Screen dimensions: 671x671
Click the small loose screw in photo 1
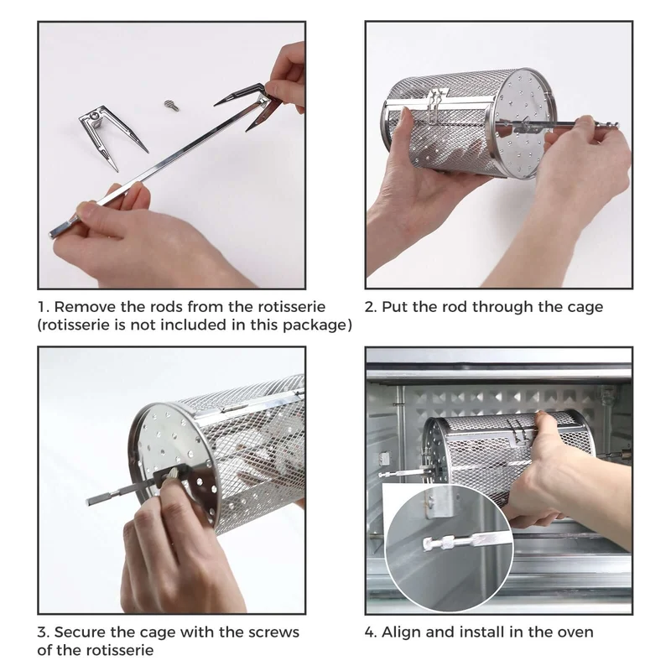[x=171, y=105]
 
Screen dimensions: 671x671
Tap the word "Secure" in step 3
[x=80, y=632]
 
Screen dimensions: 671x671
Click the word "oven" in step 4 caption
[x=576, y=633]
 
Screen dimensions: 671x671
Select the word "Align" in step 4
[x=401, y=633]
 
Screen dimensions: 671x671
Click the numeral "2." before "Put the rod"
[x=371, y=307]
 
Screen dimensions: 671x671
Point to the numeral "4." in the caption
[x=371, y=632]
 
